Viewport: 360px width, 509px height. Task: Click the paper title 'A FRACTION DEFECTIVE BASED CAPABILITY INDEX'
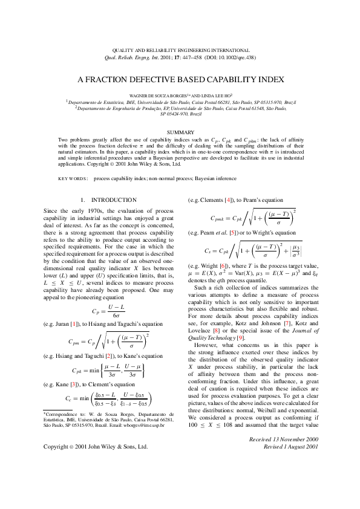pos(180,79)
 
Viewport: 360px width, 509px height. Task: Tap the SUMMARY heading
pos(180,132)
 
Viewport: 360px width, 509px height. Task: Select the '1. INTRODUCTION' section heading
pos(108,199)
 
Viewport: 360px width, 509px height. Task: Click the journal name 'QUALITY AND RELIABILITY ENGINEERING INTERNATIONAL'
pos(180,49)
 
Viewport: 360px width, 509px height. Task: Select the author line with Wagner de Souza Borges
pos(180,96)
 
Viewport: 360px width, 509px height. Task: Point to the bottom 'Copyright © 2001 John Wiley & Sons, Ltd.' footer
pos(95,481)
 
